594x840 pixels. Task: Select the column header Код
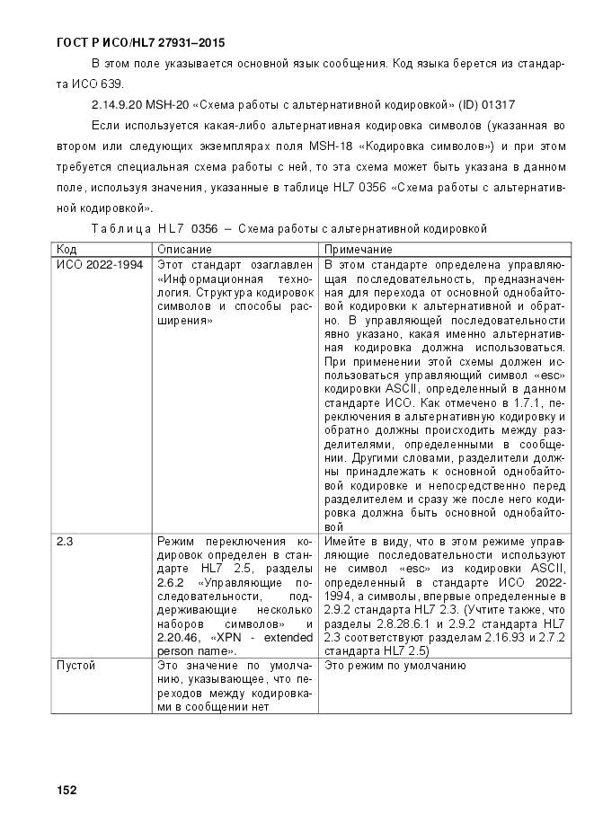66,248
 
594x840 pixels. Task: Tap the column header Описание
184,248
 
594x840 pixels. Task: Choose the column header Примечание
358,248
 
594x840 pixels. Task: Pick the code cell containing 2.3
65,543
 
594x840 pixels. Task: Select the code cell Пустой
76,666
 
